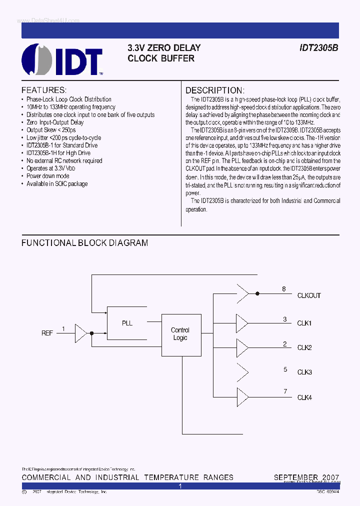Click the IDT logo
click(62, 59)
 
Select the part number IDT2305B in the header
click(319, 48)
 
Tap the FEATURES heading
click(44, 90)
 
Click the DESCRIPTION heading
click(215, 90)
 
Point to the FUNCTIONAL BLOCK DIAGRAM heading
click(84, 243)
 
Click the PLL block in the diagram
click(127, 323)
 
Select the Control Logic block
click(180, 333)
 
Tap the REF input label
click(47, 333)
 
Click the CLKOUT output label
click(309, 295)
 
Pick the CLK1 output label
click(304, 323)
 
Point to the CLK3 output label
click(304, 372)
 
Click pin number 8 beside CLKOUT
click(284, 289)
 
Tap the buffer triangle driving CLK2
click(242, 347)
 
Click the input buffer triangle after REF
click(80, 332)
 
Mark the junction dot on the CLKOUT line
click(257, 294)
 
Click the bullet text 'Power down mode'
click(48, 176)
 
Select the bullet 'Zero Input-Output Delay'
click(55, 122)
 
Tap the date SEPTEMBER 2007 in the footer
click(306, 477)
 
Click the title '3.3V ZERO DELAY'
click(164, 48)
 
